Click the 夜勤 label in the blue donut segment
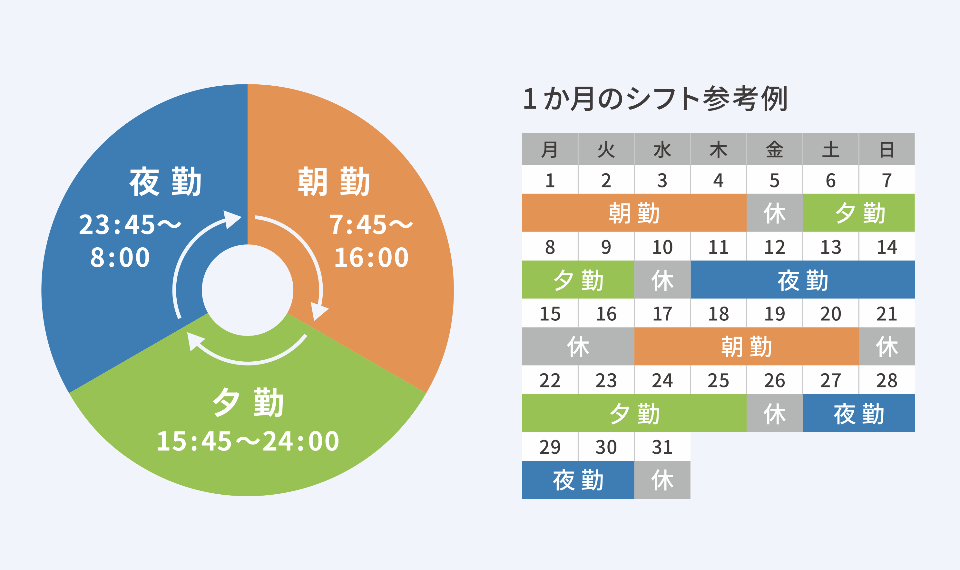point(165,181)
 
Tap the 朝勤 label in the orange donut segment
point(334,181)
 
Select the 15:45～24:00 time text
point(248,441)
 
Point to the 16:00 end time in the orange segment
point(371,257)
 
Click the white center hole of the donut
point(248,290)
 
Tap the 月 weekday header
point(550,149)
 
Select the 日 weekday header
point(887,149)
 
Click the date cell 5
point(774,180)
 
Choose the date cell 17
point(662,313)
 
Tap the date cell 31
point(662,447)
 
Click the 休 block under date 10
point(662,280)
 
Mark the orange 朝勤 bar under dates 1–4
point(634,213)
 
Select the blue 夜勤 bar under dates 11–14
point(803,280)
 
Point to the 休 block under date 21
point(887,347)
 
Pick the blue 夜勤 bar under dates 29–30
point(578,480)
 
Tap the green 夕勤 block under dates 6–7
point(858,213)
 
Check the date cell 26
point(774,380)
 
